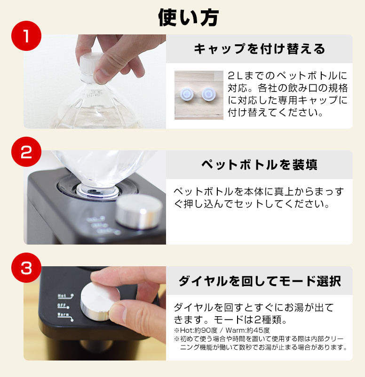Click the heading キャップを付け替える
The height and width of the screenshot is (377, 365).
point(259,49)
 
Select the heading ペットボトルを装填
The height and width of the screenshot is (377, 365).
point(259,165)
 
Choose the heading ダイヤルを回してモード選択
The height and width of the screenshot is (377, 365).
point(259,281)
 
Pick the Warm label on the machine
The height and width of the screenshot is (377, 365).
point(64,314)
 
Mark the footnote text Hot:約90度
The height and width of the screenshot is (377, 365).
point(199,330)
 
